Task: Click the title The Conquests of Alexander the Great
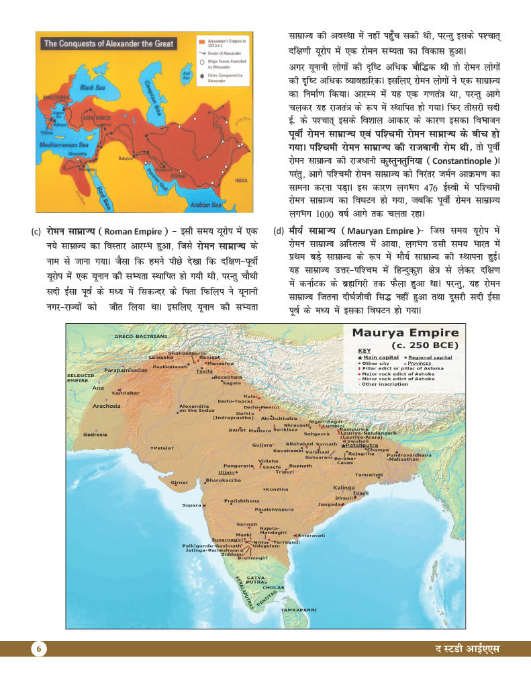[x=109, y=44]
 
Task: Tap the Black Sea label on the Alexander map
[x=94, y=87]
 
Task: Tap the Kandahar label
[x=126, y=392]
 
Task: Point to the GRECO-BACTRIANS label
[x=140, y=335]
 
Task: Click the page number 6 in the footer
[x=39, y=648]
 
